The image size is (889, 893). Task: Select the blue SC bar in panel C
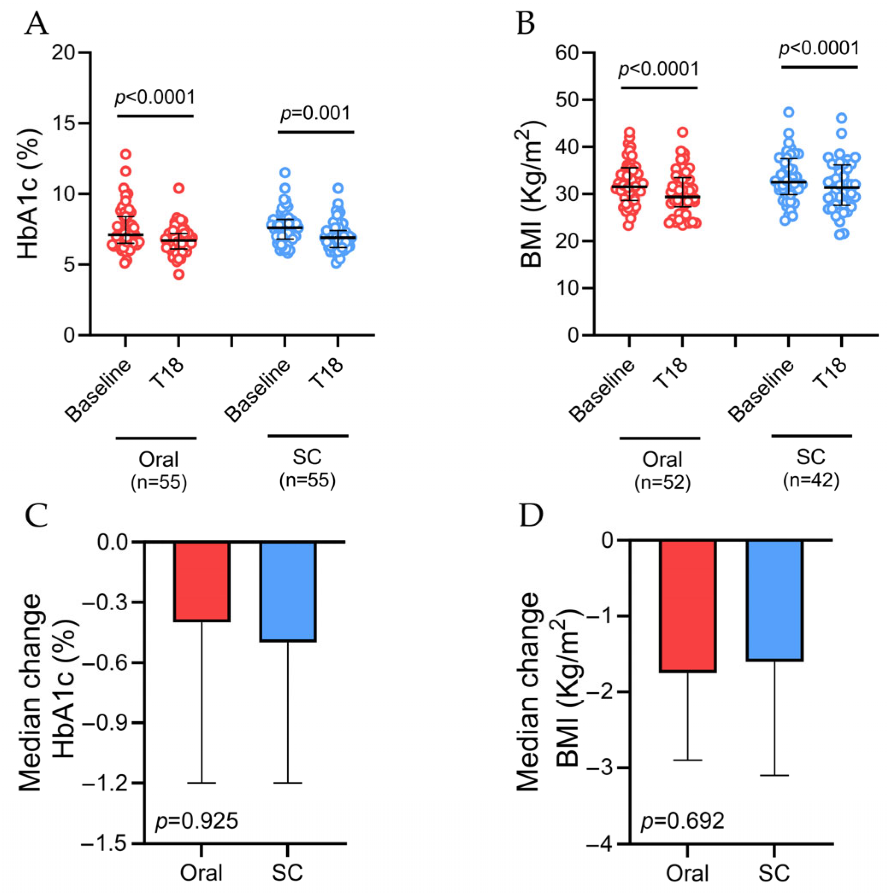pyautogui.click(x=288, y=591)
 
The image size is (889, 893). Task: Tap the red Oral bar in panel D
pyautogui.click(x=687, y=606)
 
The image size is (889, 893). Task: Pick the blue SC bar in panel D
pyautogui.click(x=774, y=600)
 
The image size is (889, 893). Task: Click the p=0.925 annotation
pyautogui.click(x=197, y=821)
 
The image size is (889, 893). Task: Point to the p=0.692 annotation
pyautogui.click(x=682, y=821)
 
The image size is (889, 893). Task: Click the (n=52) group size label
pyautogui.click(x=663, y=482)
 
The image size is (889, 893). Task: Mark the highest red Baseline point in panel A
pyautogui.click(x=126, y=154)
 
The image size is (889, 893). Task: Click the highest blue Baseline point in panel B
pyautogui.click(x=789, y=112)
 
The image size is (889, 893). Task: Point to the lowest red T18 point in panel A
pyautogui.click(x=179, y=275)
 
